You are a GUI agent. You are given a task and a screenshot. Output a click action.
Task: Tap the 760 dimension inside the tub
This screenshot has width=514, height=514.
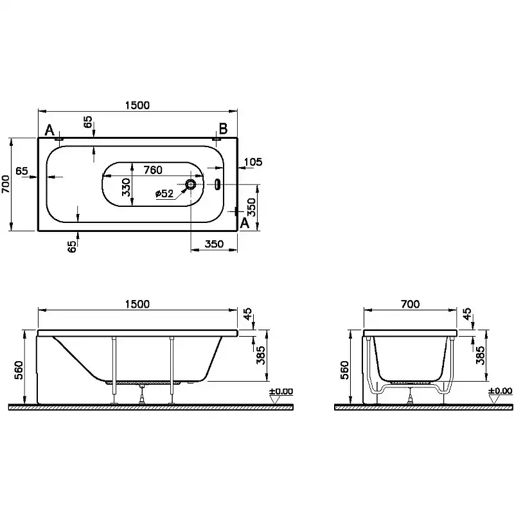(152, 170)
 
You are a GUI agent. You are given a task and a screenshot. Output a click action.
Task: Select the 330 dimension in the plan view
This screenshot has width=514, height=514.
(127, 187)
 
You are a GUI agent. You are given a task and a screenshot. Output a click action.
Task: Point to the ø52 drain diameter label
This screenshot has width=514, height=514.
(164, 193)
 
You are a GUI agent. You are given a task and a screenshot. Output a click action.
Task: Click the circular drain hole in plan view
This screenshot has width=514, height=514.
(191, 184)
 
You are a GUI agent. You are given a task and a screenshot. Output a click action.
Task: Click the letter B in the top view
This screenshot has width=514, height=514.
(223, 129)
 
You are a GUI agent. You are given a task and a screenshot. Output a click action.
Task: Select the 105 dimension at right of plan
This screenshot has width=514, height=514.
(254, 162)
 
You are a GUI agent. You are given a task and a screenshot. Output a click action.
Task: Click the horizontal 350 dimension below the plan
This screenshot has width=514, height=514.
(214, 244)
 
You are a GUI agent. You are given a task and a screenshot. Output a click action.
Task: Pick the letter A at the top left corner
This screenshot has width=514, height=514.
(49, 131)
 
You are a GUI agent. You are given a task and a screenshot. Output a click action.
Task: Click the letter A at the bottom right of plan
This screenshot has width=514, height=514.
(244, 223)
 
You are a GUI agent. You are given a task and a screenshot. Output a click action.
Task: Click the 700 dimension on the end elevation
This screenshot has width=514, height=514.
(410, 305)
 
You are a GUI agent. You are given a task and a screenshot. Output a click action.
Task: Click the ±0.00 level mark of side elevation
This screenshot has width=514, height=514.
(281, 391)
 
